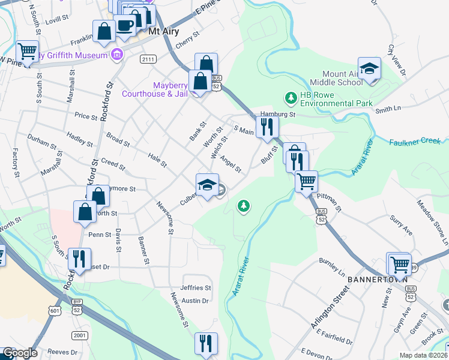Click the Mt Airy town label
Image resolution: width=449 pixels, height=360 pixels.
click(164, 31)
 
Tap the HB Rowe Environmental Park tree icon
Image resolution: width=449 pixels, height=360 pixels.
click(291, 97)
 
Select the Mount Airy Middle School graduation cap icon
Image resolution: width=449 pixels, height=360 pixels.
click(370, 68)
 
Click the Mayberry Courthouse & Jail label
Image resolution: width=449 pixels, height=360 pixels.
click(155, 89)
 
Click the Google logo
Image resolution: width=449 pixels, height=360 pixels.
click(20, 353)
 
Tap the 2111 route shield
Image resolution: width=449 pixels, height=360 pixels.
click(148, 59)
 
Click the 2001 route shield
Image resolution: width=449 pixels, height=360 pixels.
click(79, 335)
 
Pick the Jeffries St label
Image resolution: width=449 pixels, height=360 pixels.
click(196, 288)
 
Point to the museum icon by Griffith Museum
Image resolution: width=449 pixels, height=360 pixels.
click(116, 56)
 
